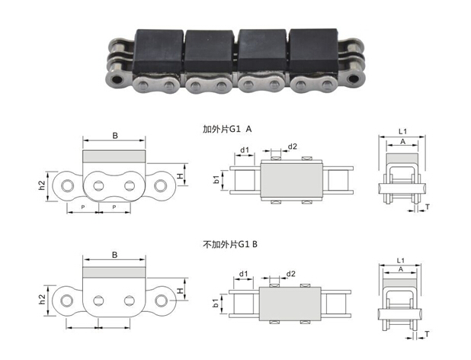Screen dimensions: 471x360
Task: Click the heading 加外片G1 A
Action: point(227,129)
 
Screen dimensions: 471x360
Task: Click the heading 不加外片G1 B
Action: point(230,245)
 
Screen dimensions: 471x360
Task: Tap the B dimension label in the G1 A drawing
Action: point(115,136)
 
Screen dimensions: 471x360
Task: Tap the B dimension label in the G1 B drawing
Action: point(115,255)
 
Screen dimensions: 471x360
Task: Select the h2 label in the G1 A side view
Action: point(42,185)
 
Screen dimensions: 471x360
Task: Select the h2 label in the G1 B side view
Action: point(42,299)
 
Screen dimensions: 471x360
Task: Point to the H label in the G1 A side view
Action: point(180,175)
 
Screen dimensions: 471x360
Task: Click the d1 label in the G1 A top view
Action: point(245,149)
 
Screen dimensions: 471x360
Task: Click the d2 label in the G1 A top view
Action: point(292,146)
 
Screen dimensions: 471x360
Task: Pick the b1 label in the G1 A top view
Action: point(216,180)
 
